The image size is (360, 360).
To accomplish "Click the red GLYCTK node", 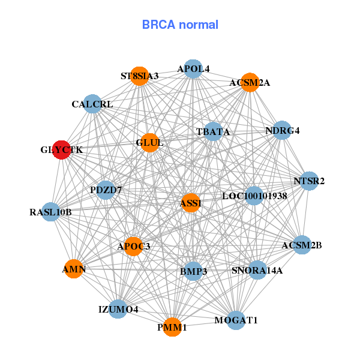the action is [x=62, y=150].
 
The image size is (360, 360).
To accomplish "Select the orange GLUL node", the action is [x=149, y=142].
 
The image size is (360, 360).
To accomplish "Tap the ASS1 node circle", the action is [x=191, y=203].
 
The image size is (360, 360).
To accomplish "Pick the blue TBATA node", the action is [x=213, y=131].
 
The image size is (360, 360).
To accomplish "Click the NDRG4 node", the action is [x=282, y=130].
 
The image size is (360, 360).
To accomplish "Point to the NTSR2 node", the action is [x=309, y=181].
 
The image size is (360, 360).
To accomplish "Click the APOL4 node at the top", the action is [x=193, y=69].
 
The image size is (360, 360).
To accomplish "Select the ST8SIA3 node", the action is [x=140, y=76].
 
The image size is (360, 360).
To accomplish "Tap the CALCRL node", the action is [x=92, y=104].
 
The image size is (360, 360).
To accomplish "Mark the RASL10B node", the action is [x=50, y=212].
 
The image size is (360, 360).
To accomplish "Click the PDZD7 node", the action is [x=106, y=190].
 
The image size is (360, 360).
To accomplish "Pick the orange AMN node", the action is [x=74, y=269].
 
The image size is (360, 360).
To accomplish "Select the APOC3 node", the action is [x=133, y=246].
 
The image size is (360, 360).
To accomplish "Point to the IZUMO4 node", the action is [x=118, y=309].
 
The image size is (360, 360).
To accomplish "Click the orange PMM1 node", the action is [x=172, y=327].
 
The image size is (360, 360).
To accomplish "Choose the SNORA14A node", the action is [x=257, y=270].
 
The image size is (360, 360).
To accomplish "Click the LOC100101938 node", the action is [x=254, y=196].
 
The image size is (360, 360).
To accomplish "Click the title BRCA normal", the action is [x=180, y=25].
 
